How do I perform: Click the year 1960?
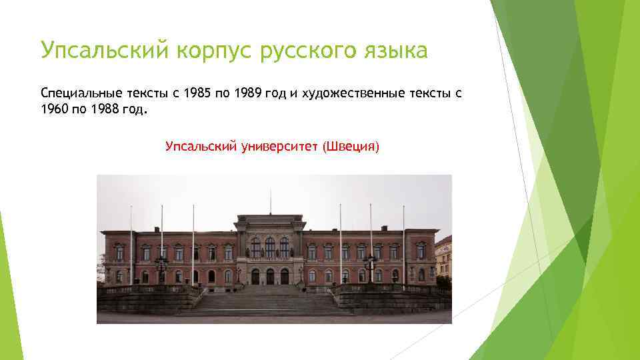[54, 109]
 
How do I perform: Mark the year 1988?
[103, 109]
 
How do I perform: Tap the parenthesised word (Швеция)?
[351, 146]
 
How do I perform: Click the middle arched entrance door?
[270, 276]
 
